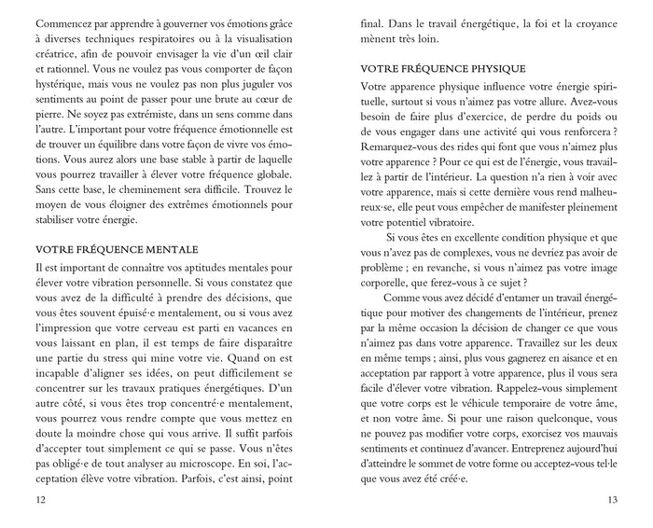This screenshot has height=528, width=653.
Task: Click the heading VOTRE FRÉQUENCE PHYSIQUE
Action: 446,69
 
